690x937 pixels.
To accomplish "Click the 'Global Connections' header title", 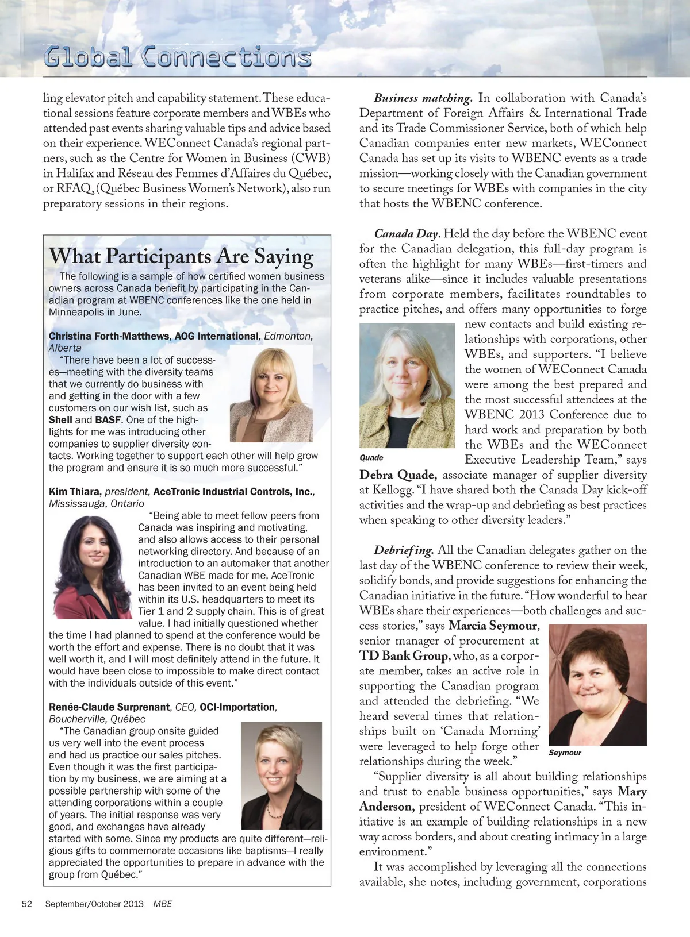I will pyautogui.click(x=178, y=57).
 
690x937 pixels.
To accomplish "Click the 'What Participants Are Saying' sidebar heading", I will pyautogui.click(x=181, y=256).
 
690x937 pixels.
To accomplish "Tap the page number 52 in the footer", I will pyautogui.click(x=26, y=904).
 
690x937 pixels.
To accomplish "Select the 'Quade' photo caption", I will pyautogui.click(x=371, y=458).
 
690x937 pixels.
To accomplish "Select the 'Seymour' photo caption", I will pyautogui.click(x=565, y=753).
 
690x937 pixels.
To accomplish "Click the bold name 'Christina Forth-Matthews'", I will pyautogui.click(x=109, y=336).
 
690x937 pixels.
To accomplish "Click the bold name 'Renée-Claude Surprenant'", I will pyautogui.click(x=109, y=707).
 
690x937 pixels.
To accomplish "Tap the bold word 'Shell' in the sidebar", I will pyautogui.click(x=60, y=420).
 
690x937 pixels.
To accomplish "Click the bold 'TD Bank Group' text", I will pyautogui.click(x=403, y=656).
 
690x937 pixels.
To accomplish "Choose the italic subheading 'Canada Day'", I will pyautogui.click(x=406, y=234).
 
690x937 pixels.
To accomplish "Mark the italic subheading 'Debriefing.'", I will pyautogui.click(x=404, y=550).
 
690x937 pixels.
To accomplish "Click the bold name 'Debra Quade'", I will pyautogui.click(x=398, y=475).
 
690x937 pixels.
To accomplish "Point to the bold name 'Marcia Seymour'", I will pyautogui.click(x=493, y=626).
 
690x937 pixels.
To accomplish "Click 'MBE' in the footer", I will pyautogui.click(x=163, y=904).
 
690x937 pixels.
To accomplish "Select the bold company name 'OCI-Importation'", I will pyautogui.click(x=237, y=707).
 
